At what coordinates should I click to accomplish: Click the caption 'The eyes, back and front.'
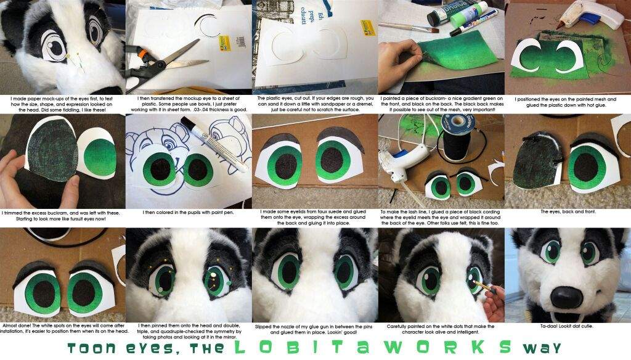(567, 211)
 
